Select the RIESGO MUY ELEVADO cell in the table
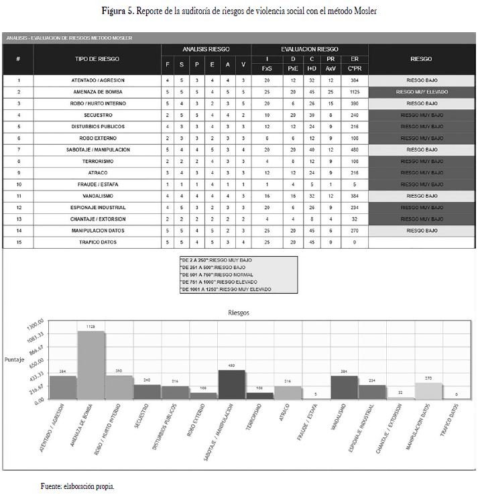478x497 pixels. click(x=422, y=92)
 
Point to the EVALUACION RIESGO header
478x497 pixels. click(x=309, y=49)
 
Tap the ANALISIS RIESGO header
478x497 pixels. click(x=206, y=49)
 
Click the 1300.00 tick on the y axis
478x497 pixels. click(x=34, y=321)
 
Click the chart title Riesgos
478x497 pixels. click(x=239, y=313)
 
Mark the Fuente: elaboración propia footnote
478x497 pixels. click(x=77, y=486)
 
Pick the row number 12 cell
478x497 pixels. click(x=18, y=207)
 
